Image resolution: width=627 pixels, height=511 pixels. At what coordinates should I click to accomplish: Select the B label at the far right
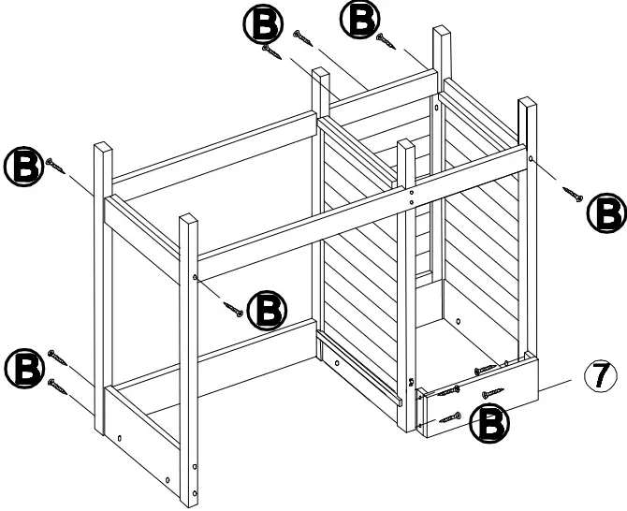tap(605, 214)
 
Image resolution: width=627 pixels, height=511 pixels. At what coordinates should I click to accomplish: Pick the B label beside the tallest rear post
tap(358, 21)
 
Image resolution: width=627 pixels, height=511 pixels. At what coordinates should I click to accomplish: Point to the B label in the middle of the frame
tap(268, 308)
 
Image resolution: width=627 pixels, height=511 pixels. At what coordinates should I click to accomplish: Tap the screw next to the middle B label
tap(234, 306)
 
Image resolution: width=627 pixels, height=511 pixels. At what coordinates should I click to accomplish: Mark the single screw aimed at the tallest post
tap(386, 40)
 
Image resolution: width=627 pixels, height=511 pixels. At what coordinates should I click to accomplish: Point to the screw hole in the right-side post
tap(531, 160)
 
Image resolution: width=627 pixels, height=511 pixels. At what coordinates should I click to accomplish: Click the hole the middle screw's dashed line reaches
tap(195, 277)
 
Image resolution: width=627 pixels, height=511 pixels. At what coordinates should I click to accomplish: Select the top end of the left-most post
tap(103, 147)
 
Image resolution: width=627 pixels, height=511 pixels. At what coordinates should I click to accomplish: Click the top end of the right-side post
tap(528, 101)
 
